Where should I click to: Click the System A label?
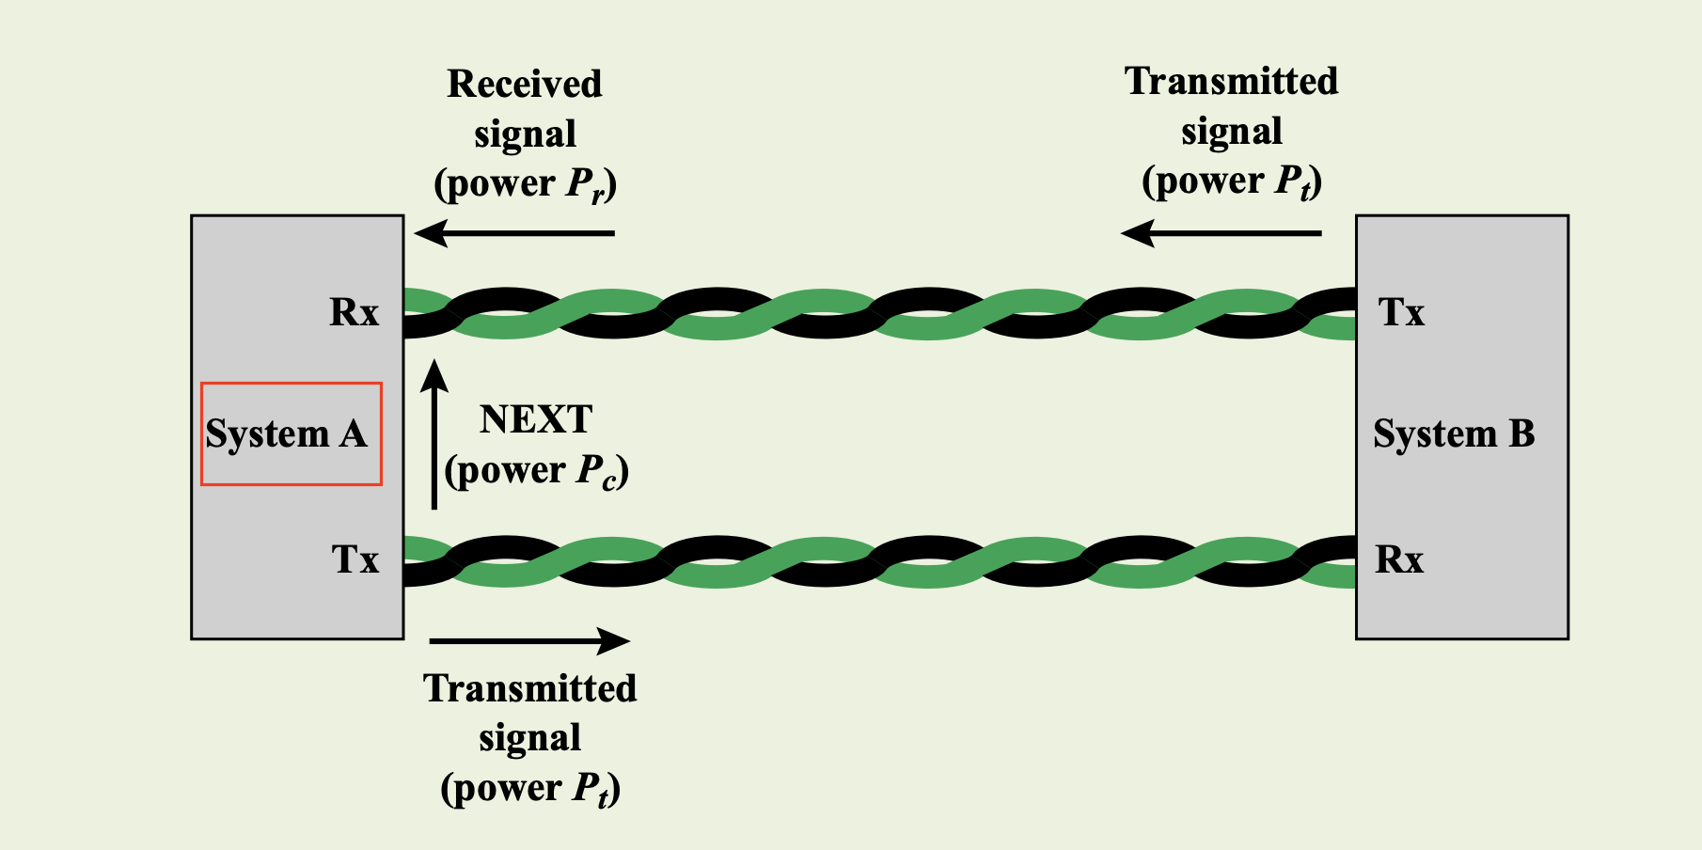click(286, 434)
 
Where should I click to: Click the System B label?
click(1454, 434)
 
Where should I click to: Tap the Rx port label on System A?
click(354, 312)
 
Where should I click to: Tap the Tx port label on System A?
click(355, 559)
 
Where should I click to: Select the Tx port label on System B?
click(1401, 312)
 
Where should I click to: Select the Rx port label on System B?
click(1399, 559)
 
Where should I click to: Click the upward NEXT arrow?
click(433, 433)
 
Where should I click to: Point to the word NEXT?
click(536, 419)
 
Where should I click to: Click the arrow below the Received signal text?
click(514, 233)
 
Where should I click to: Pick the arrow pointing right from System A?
click(529, 641)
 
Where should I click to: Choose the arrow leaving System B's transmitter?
click(1221, 233)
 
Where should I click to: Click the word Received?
click(525, 84)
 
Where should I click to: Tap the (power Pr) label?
click(526, 183)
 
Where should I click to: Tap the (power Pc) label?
click(536, 470)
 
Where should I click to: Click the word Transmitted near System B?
click(1232, 81)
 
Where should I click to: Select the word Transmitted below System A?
click(530, 688)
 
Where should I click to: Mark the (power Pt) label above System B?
click(1232, 181)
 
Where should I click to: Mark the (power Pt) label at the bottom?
click(530, 788)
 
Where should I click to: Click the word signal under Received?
click(525, 134)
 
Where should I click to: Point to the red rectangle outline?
click(292, 384)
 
